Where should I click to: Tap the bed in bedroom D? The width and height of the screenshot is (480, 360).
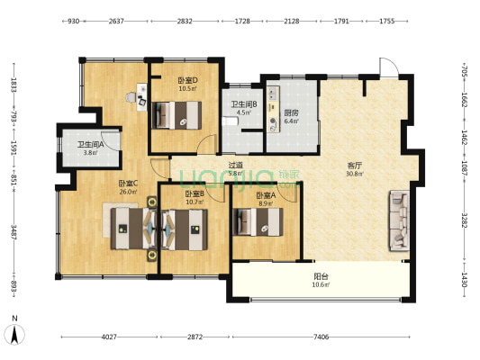pos(177,114)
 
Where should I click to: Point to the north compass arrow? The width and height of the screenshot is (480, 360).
pos(16,334)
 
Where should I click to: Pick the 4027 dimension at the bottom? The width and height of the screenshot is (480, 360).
pos(109,337)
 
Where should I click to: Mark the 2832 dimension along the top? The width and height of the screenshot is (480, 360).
pos(185,20)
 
